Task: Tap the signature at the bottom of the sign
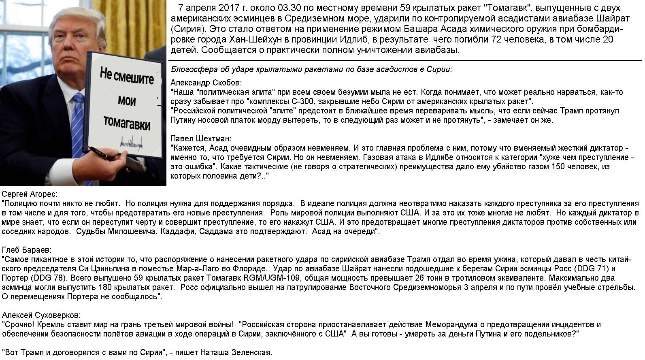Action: (134, 143)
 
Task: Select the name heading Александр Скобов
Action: (206, 83)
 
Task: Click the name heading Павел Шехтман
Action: (201, 138)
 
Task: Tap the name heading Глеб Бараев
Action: (27, 250)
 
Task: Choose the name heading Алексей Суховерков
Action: (41, 315)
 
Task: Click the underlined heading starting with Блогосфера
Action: (311, 69)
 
